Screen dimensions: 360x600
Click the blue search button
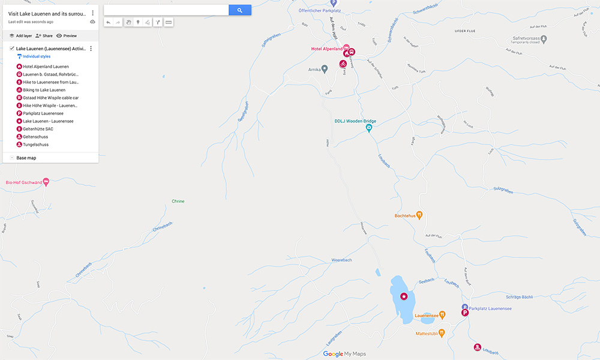[x=239, y=10]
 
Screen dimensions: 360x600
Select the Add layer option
[x=20, y=36]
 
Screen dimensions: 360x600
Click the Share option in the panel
[x=44, y=36]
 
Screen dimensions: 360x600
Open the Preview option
[x=67, y=36]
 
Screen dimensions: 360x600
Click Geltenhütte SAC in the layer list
[x=38, y=129]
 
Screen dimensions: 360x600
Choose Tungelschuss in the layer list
[x=35, y=145]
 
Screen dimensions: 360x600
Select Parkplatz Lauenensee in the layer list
[x=43, y=113]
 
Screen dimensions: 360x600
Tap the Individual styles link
[x=37, y=56]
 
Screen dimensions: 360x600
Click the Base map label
[x=26, y=158]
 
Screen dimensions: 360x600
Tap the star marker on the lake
[x=404, y=296]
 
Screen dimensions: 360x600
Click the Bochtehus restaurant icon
[x=419, y=214]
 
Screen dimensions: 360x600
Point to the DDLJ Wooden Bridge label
[x=355, y=121]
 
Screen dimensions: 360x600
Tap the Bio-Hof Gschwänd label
[x=22, y=181]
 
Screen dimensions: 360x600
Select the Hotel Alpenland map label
[x=326, y=49]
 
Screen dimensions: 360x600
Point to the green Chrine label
[x=178, y=201]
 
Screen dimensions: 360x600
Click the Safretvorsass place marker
[x=543, y=39]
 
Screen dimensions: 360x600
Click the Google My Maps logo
[x=344, y=354]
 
